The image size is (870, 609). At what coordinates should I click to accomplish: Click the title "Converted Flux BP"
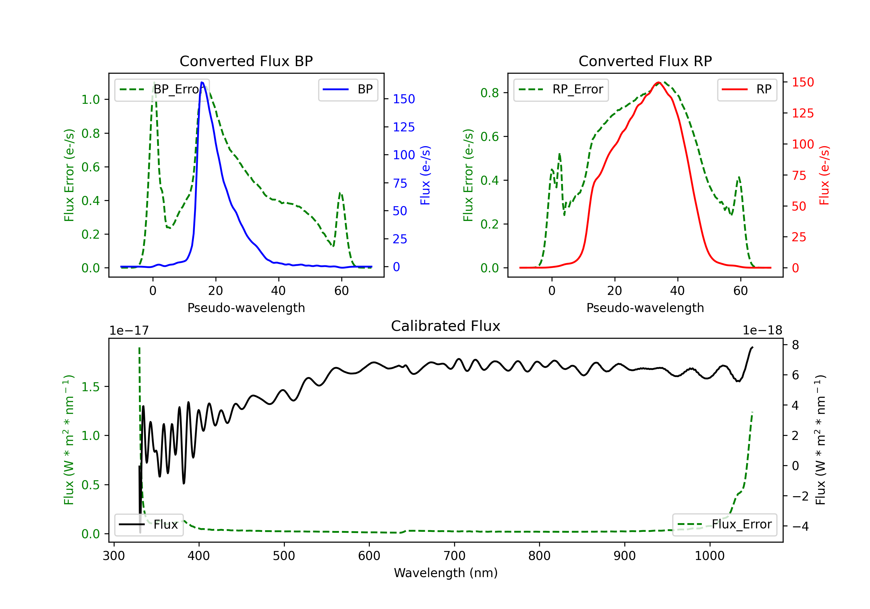[246, 61]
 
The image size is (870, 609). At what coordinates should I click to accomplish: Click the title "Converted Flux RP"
[645, 61]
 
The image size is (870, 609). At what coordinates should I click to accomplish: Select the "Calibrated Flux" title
[446, 326]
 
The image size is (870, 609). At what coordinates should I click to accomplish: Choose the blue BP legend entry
[348, 89]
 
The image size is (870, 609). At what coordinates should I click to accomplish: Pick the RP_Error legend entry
[561, 89]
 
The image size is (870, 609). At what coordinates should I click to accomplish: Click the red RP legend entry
[747, 89]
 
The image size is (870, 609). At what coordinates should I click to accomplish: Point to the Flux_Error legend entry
[724, 525]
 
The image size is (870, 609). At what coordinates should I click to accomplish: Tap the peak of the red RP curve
[659, 82]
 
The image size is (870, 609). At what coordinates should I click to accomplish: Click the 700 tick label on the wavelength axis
[454, 556]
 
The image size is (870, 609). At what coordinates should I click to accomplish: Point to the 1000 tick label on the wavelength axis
[710, 556]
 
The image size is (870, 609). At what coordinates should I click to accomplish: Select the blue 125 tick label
[404, 127]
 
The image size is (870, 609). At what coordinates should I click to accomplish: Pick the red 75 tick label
[799, 175]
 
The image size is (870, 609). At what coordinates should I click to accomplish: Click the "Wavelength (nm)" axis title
[446, 573]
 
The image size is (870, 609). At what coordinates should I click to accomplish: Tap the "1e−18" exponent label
[762, 331]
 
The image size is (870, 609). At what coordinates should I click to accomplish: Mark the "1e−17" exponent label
[129, 331]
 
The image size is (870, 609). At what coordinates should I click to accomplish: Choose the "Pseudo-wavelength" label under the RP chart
[645, 308]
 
